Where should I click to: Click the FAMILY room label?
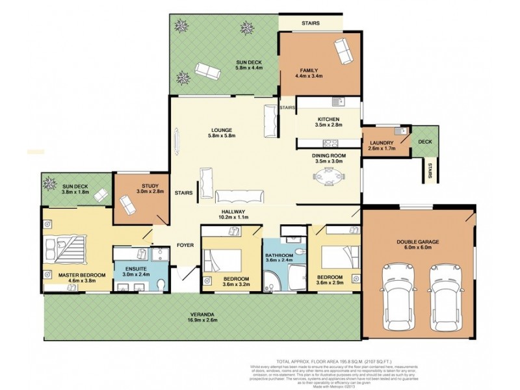pyautogui.click(x=308, y=70)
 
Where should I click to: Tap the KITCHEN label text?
pyautogui.click(x=328, y=119)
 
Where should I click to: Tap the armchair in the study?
pyautogui.click(x=127, y=206)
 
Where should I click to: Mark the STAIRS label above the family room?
pyautogui.click(x=310, y=23)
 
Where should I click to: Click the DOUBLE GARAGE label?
pyautogui.click(x=418, y=242)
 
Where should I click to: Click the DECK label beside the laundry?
pyautogui.click(x=424, y=141)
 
